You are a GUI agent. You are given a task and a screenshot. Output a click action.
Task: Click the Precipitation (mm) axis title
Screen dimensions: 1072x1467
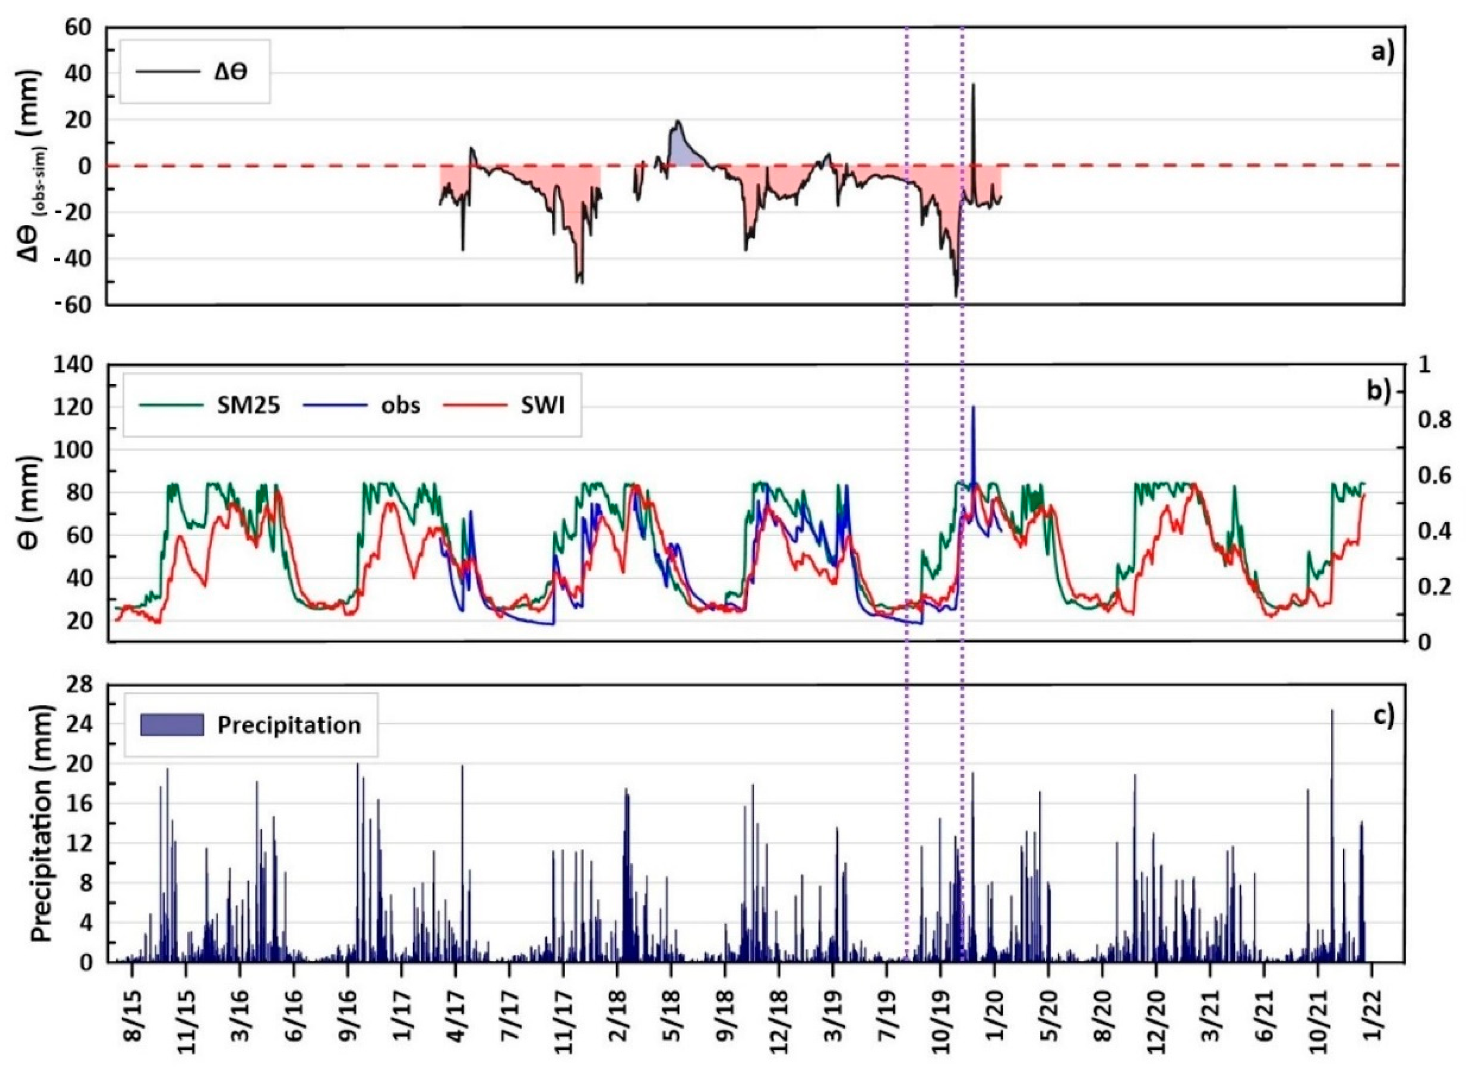[x=43, y=824]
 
